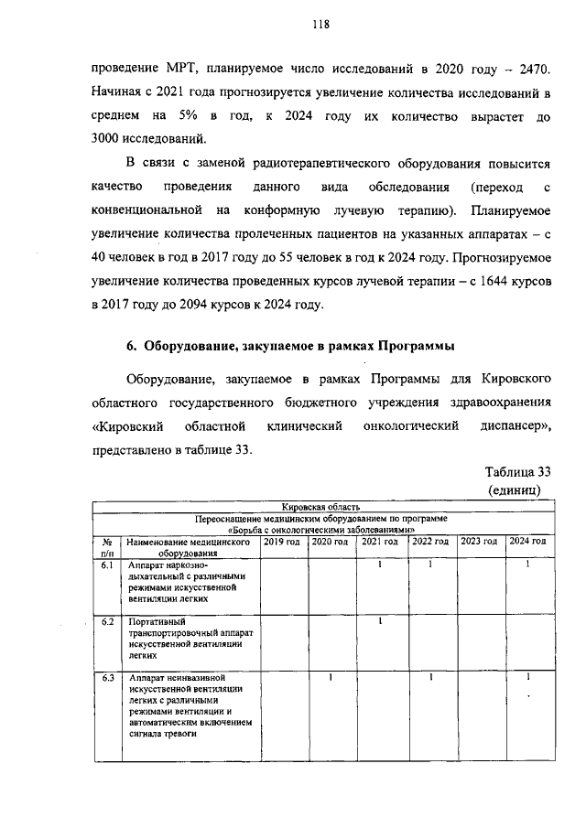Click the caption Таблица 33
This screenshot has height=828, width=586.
click(516, 472)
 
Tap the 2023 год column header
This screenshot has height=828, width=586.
click(480, 542)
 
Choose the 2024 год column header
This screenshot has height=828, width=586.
click(528, 542)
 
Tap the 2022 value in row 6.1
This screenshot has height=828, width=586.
click(430, 565)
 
